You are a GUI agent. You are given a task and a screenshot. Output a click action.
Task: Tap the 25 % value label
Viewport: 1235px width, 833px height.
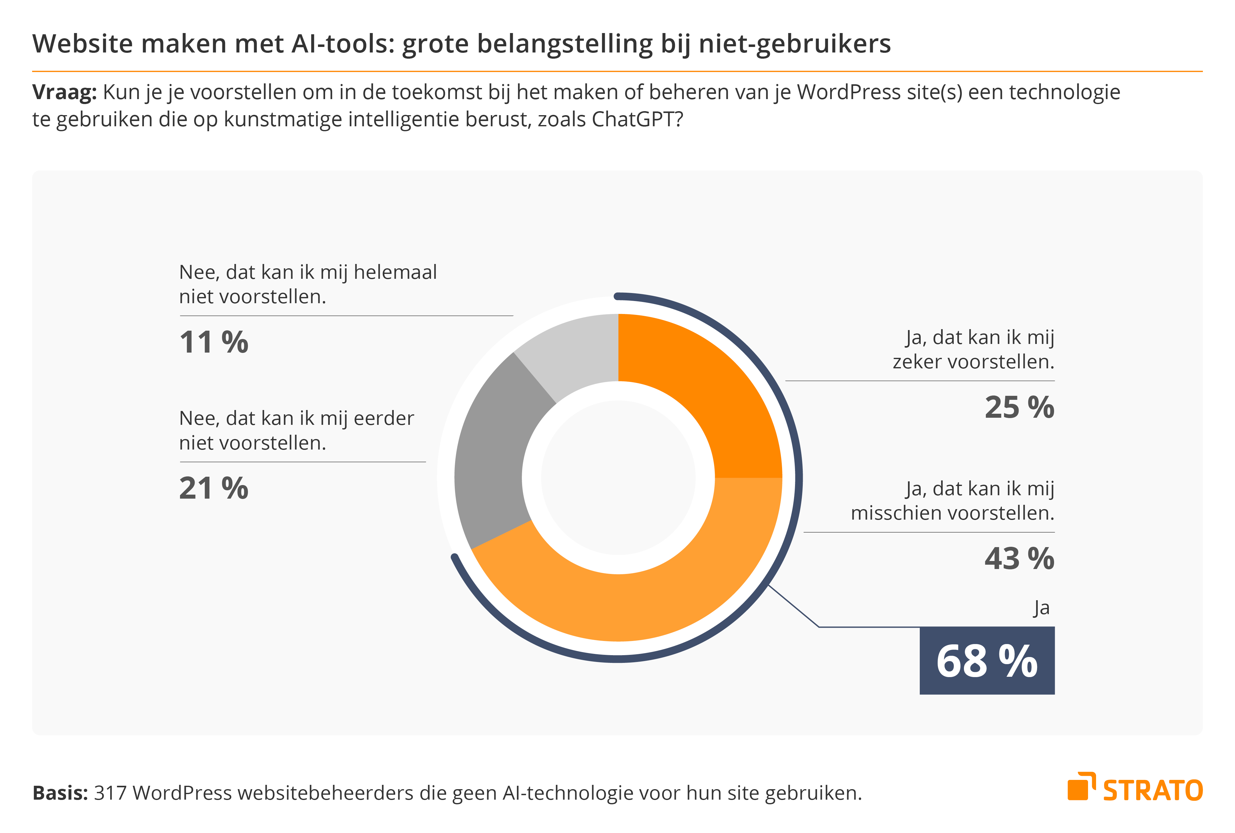click(1019, 408)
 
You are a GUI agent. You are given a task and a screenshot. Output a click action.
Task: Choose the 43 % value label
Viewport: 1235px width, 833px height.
click(1019, 559)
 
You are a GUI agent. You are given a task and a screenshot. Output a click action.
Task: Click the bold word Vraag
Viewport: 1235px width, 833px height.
click(64, 92)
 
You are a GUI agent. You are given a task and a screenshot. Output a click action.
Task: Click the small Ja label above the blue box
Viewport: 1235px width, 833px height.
click(1041, 608)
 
